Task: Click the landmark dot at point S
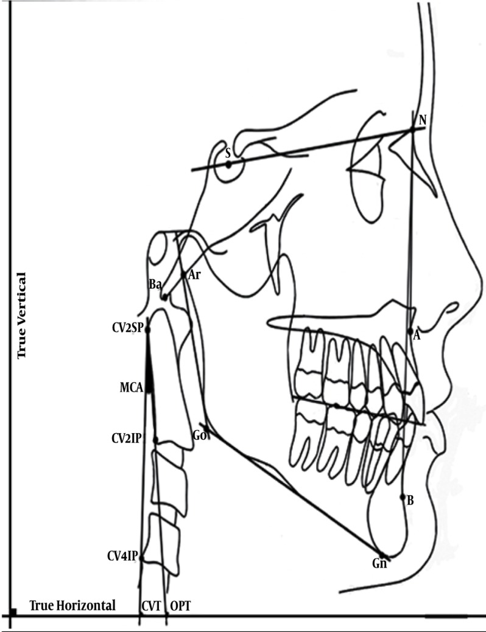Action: coord(228,164)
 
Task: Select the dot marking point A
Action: coord(410,332)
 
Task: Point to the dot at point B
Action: coord(403,497)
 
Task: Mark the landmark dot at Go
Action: coord(206,431)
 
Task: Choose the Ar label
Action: coord(194,274)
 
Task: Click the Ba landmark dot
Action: coord(164,297)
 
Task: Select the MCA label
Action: coord(132,387)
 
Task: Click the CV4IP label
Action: coord(123,556)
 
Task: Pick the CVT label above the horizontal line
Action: coord(150,606)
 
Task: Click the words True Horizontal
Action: coord(72,605)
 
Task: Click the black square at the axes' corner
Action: coord(12,611)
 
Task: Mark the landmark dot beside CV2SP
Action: coord(147,330)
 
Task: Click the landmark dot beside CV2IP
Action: coord(156,440)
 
